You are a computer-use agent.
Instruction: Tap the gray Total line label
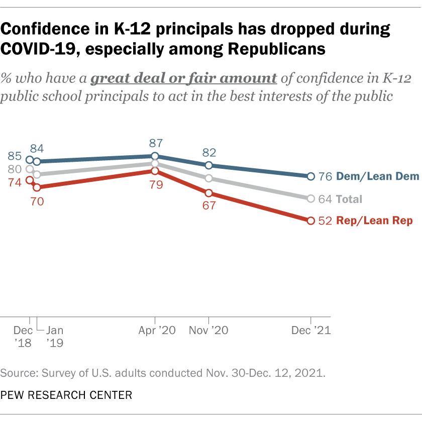click(349, 199)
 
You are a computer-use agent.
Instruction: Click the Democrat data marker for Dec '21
click(310, 176)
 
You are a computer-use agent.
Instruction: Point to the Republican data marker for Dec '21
click(310, 221)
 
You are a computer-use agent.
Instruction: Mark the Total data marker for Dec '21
click(310, 199)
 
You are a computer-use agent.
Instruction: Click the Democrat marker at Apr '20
click(155, 156)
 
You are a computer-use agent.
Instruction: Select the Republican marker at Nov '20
click(209, 193)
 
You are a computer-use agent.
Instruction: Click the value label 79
click(155, 185)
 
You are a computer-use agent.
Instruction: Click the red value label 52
click(325, 221)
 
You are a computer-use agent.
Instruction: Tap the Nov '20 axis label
click(208, 331)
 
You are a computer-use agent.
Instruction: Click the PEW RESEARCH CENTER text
click(66, 395)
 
